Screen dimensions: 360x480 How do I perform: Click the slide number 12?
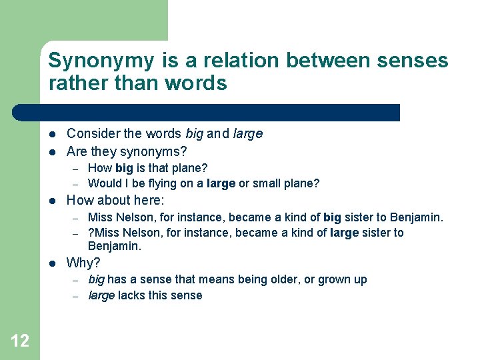pos(20,341)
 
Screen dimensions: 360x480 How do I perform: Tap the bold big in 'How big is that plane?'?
pos(124,169)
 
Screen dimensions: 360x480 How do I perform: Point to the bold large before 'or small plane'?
pos(221,183)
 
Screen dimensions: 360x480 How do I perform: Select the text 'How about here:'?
pos(115,200)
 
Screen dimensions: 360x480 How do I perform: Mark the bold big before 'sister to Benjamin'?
pos(332,217)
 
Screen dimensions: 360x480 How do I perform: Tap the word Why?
pos(83,263)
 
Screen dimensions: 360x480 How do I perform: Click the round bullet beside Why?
pos(52,263)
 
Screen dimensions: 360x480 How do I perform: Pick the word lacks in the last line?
pos(131,295)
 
